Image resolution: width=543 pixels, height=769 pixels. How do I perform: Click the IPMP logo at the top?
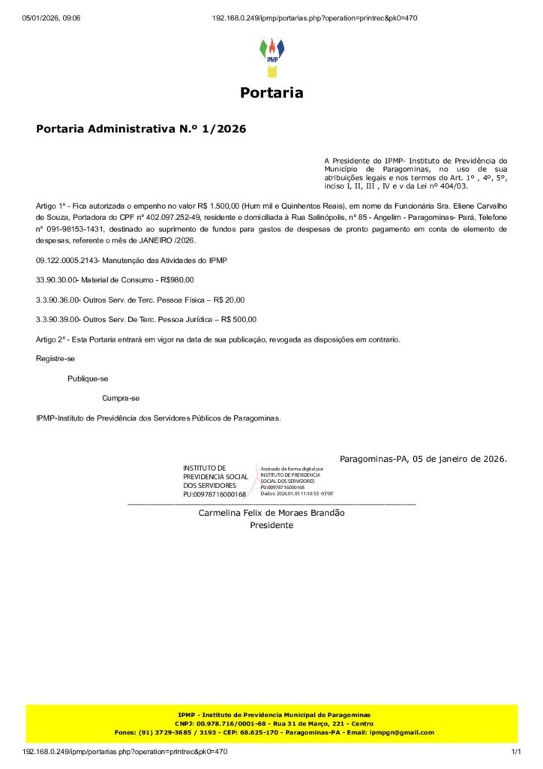(x=271, y=57)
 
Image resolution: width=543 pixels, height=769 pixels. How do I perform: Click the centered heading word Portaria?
(x=271, y=93)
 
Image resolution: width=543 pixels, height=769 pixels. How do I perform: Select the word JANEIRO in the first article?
(x=152, y=241)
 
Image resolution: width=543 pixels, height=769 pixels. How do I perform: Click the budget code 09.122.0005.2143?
(x=70, y=260)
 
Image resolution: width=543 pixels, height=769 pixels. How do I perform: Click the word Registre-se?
(x=55, y=359)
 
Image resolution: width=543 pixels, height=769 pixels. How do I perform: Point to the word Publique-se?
(x=88, y=378)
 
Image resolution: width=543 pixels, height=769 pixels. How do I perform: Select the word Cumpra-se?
(x=121, y=398)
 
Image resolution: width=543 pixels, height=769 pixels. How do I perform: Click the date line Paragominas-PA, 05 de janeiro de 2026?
(x=423, y=458)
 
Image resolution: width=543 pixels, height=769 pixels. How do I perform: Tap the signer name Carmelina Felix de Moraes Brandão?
(x=271, y=513)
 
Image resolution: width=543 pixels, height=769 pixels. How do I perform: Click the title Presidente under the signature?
(x=271, y=525)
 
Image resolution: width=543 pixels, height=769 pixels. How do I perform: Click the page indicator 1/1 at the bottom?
(x=515, y=752)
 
